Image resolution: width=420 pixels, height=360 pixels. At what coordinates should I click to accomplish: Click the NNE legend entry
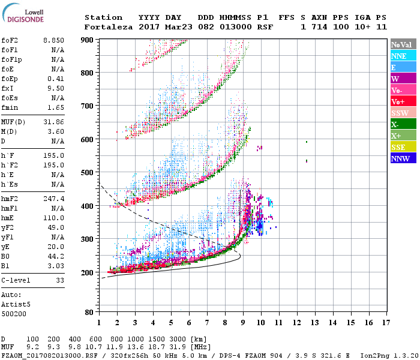click(x=403, y=56)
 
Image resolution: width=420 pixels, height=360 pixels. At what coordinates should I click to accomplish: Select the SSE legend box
click(x=403, y=147)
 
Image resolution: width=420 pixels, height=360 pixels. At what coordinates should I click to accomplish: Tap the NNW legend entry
click(x=403, y=158)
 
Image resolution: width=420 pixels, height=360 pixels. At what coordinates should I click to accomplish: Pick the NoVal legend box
click(x=403, y=44)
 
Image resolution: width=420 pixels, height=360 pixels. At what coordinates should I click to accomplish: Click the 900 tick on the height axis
click(x=88, y=40)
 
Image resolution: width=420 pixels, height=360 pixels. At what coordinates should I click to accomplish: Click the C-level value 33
click(x=59, y=280)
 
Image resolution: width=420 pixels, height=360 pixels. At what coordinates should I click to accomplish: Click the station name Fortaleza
click(x=109, y=27)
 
